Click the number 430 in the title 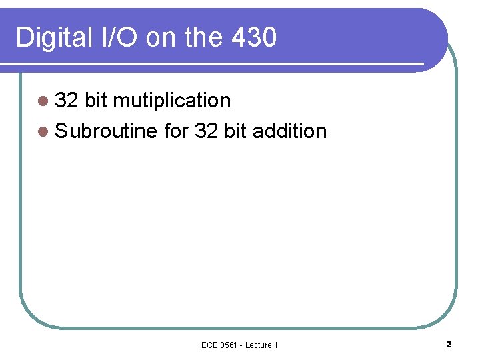click(x=255, y=38)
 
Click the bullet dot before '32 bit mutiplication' click(x=43, y=101)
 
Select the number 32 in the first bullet click(x=67, y=101)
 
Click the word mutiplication click(x=172, y=101)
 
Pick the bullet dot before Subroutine click(x=43, y=131)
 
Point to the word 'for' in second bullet click(x=176, y=131)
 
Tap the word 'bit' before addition click(x=236, y=131)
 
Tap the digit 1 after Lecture click(x=276, y=345)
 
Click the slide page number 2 click(x=448, y=344)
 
